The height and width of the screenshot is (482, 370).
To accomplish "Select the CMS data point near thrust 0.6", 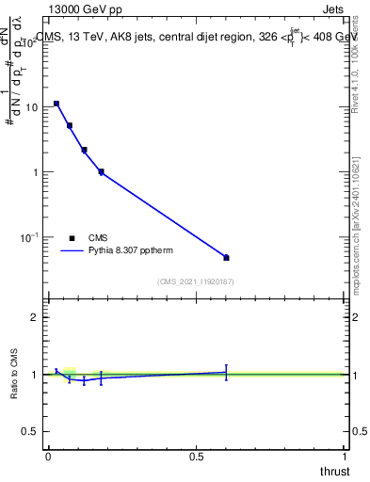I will [226, 257].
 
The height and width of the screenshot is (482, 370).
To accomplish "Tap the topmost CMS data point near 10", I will [56, 104].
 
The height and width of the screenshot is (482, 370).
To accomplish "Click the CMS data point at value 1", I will [101, 171].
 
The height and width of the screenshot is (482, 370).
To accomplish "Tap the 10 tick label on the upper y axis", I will [31, 107].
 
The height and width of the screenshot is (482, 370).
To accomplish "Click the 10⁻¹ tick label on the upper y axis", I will [29, 237].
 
